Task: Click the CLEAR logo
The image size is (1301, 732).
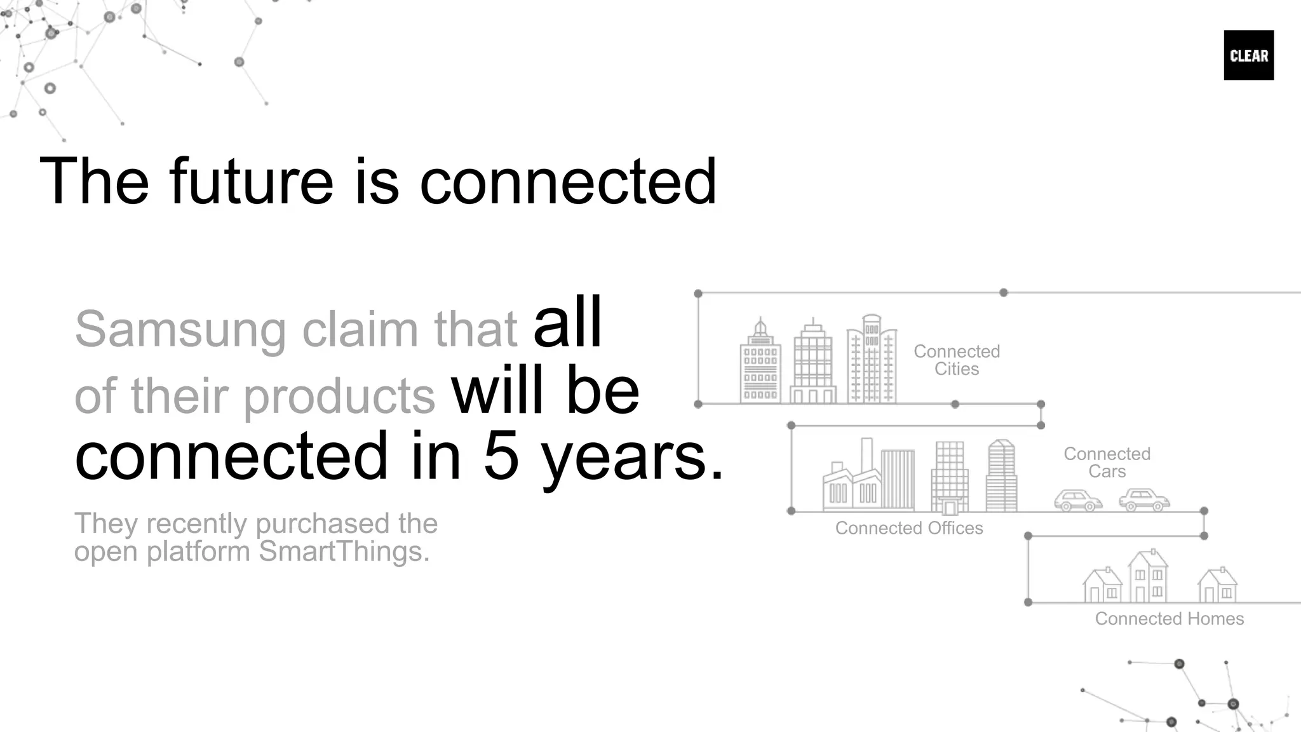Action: click(x=1248, y=55)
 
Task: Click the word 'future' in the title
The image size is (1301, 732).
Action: click(x=251, y=182)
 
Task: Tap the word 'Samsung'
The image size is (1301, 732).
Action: click(x=180, y=330)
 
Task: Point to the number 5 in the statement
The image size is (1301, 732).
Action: click(x=501, y=456)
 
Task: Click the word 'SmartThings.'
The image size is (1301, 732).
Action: click(x=344, y=552)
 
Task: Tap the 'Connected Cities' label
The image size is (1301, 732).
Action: click(x=956, y=360)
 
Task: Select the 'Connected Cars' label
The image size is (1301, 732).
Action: click(x=1107, y=463)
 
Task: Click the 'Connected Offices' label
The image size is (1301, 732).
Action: click(x=908, y=528)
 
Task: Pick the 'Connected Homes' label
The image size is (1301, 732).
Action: click(x=1169, y=619)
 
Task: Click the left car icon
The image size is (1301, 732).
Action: click(x=1078, y=501)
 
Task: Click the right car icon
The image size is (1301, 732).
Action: click(x=1143, y=500)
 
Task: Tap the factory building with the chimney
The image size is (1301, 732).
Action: click(x=851, y=483)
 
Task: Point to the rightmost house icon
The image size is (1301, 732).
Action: click(x=1217, y=585)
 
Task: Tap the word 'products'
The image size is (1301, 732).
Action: click(x=339, y=396)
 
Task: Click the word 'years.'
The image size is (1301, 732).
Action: click(x=632, y=456)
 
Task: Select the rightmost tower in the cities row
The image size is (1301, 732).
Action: click(x=872, y=360)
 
